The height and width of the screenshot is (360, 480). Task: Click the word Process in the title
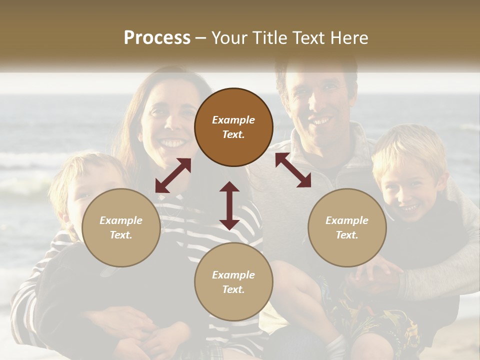coord(157,38)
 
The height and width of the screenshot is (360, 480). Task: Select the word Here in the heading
coord(350,38)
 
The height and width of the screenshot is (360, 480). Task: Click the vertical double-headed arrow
coord(229,205)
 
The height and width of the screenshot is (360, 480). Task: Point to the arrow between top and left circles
coord(173,175)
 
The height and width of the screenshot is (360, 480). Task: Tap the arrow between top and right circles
coord(293,170)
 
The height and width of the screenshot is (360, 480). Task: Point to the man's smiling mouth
coord(320,120)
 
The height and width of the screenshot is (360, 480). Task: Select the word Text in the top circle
coord(232,134)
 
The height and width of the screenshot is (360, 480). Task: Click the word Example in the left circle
coord(121,220)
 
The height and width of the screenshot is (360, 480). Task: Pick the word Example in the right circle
coord(347,220)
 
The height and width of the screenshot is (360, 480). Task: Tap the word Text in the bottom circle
coord(232,289)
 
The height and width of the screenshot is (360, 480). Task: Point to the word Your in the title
coord(229,38)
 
